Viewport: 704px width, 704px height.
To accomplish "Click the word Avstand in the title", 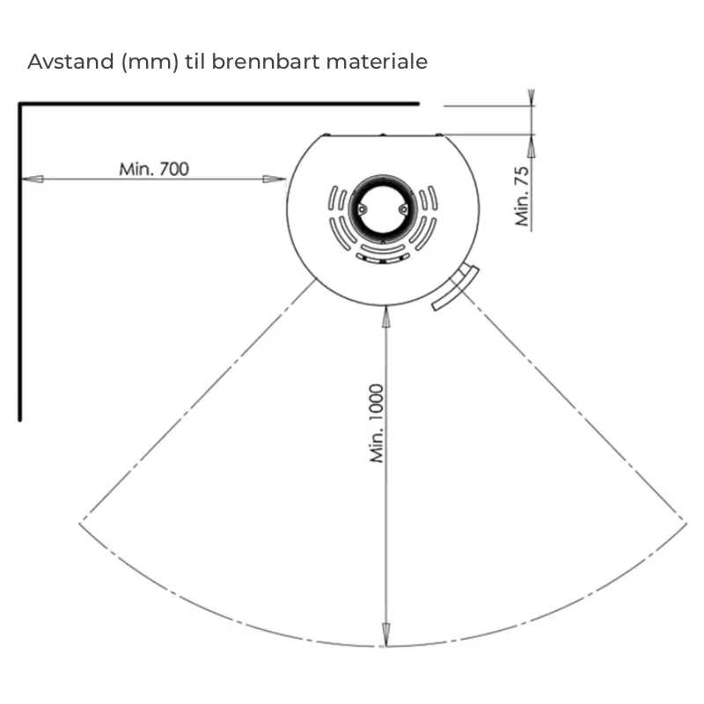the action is coord(70,62).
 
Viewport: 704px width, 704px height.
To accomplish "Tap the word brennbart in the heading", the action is coord(266,62).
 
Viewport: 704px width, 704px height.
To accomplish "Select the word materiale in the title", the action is coord(377,62).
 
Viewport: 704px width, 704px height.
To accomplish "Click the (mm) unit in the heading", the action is coord(150,62).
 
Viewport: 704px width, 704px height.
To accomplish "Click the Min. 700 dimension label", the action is coord(154,169).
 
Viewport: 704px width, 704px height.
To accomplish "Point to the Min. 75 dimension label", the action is coord(522,196).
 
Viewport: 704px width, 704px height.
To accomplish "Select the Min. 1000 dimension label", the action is coord(377,423).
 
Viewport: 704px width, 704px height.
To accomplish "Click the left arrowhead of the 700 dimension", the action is coord(33,180).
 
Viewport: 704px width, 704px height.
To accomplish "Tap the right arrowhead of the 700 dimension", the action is coord(274,180).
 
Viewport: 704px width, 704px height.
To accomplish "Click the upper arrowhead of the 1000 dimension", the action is coord(385,317).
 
